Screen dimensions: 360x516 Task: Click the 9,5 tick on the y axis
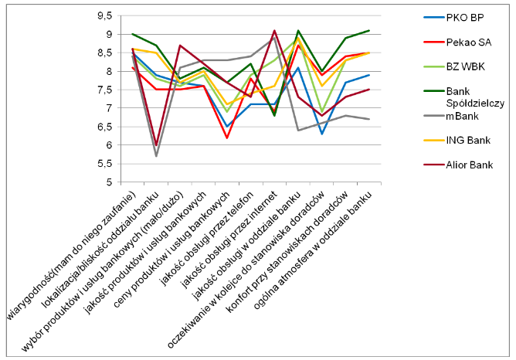pos(103,15)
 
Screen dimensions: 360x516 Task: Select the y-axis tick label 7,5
pos(103,90)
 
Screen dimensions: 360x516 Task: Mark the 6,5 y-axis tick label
pos(103,127)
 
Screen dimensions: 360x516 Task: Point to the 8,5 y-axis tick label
pos(103,53)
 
